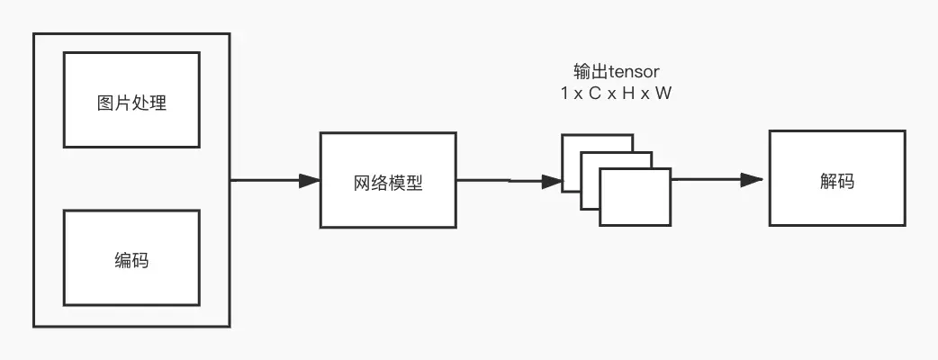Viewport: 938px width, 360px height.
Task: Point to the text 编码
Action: coord(131,261)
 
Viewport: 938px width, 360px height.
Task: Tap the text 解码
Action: coord(836,180)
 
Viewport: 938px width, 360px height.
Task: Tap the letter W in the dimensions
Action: coord(663,93)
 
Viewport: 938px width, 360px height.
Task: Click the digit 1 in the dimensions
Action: coord(564,93)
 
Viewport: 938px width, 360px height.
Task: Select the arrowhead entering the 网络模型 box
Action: coord(310,181)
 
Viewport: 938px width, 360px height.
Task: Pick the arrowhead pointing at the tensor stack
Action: coord(551,181)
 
